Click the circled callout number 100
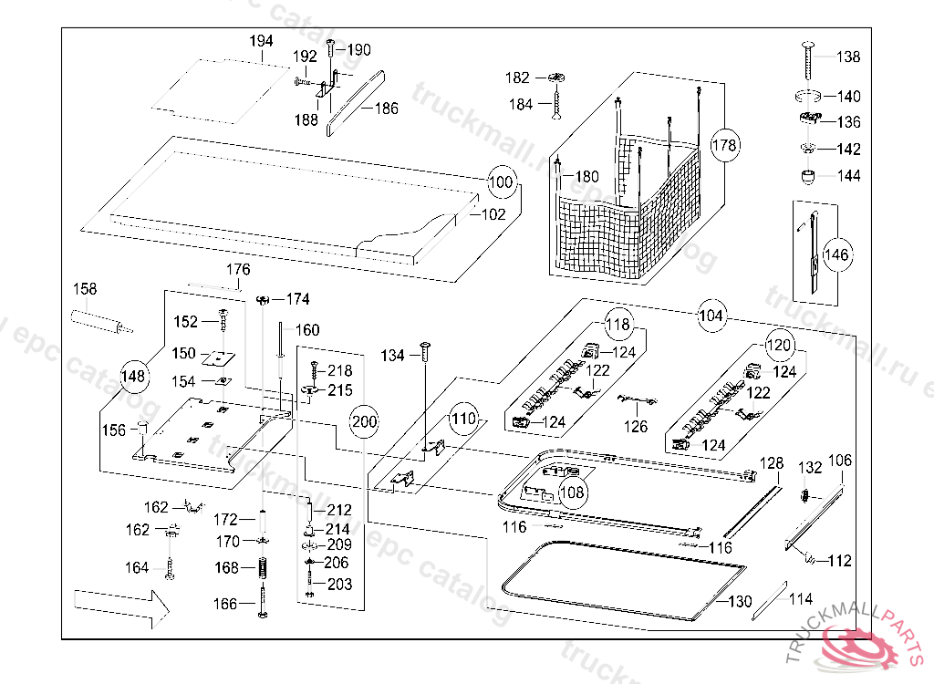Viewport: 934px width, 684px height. (x=501, y=181)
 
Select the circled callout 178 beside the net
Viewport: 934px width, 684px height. (x=724, y=145)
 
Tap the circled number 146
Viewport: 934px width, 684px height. (x=836, y=254)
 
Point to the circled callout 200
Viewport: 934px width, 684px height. (x=363, y=421)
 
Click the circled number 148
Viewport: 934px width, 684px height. (x=134, y=374)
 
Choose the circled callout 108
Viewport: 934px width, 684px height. (x=573, y=492)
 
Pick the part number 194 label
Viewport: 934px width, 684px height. (x=261, y=42)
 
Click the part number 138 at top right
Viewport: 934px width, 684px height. (x=847, y=57)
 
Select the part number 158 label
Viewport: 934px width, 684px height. (x=85, y=290)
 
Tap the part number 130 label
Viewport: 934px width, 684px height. (x=740, y=602)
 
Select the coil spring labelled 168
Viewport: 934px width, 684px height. (x=260, y=568)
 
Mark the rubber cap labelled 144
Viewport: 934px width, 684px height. (x=807, y=175)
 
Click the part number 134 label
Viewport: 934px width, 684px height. (x=392, y=355)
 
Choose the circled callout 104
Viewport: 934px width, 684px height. (x=711, y=316)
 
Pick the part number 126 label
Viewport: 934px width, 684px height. (x=636, y=426)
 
